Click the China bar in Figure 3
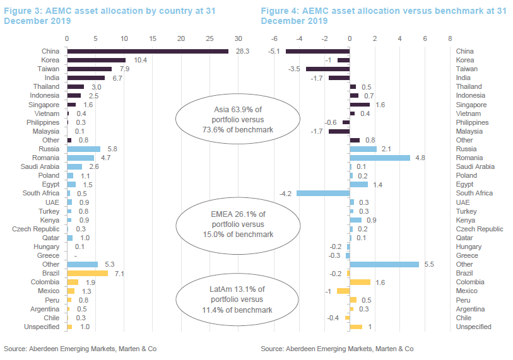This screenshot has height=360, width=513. (148, 51)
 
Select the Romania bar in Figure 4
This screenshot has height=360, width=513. (380, 158)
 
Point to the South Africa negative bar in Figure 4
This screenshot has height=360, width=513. (323, 193)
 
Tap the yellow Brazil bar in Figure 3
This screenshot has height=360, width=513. (87, 274)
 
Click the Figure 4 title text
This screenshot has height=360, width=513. (383, 16)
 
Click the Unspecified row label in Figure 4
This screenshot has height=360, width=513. (475, 327)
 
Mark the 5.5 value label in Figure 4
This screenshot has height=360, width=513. (429, 265)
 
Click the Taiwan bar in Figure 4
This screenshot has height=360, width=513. (327, 69)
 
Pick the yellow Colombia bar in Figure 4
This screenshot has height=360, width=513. (360, 282)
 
